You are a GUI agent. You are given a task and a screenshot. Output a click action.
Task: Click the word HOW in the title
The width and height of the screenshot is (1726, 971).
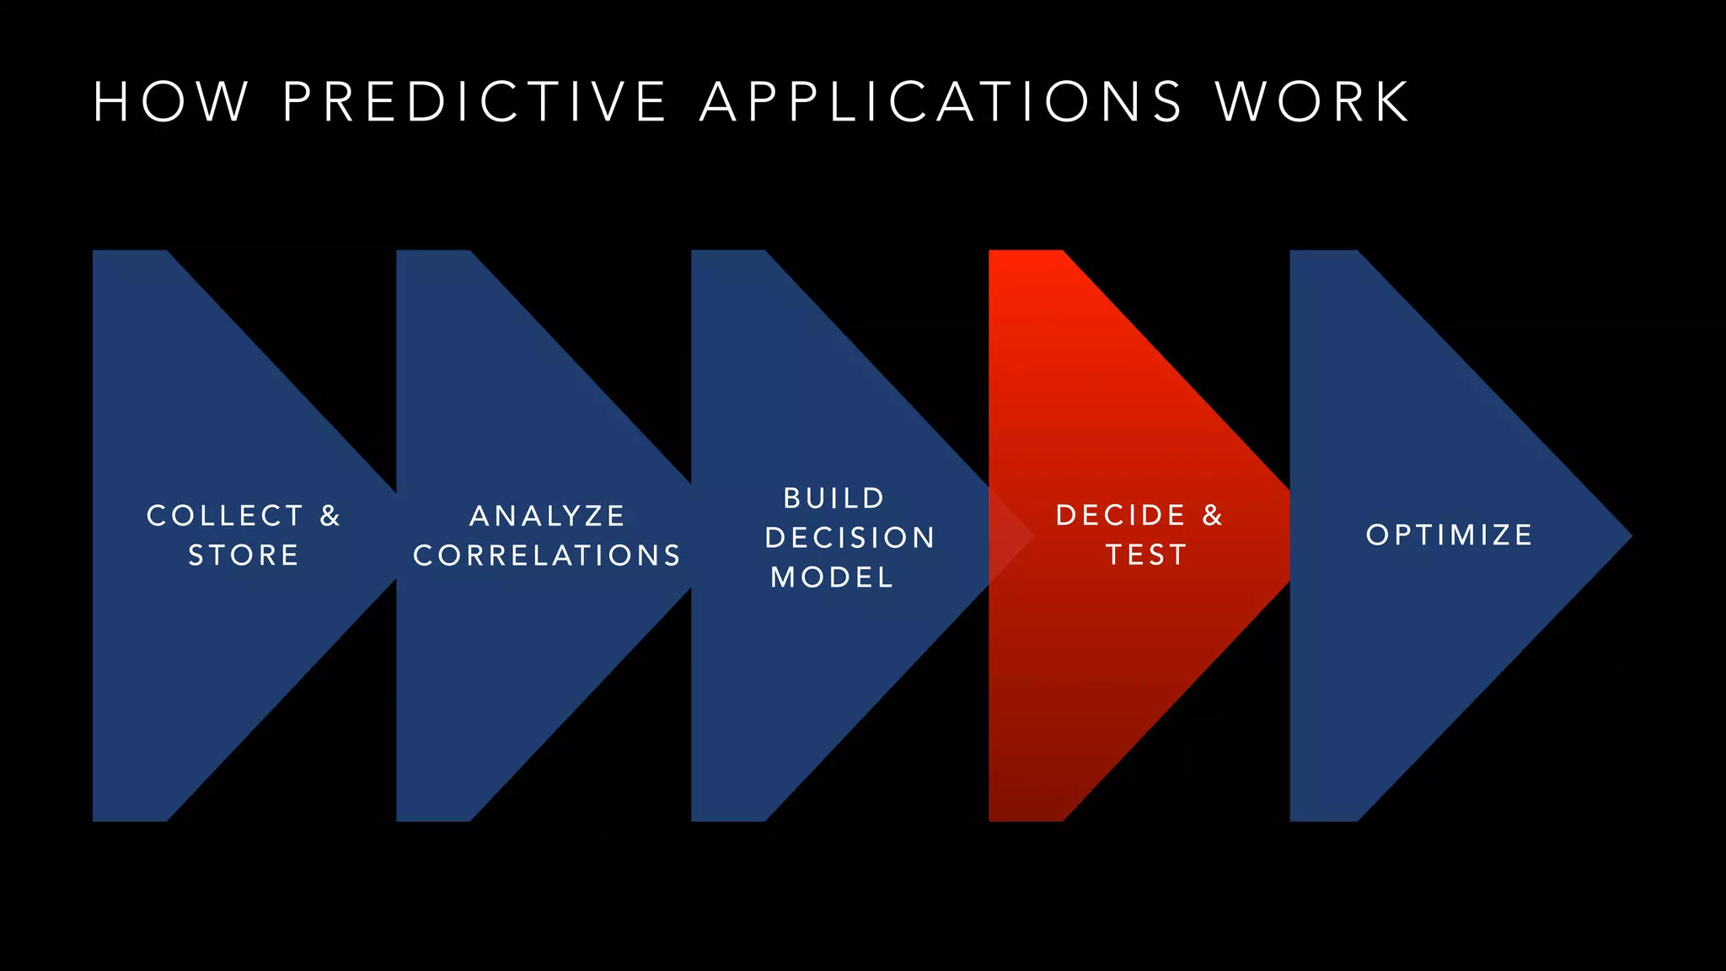point(171,103)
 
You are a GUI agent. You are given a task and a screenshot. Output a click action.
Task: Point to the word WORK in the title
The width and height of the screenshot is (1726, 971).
point(1313,103)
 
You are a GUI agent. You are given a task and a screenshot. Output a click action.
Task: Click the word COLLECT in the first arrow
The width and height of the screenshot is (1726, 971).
point(225,516)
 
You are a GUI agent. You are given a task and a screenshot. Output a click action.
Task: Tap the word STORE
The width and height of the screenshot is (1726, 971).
point(244,555)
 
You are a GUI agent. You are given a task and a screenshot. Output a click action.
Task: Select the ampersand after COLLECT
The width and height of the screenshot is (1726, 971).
point(330,516)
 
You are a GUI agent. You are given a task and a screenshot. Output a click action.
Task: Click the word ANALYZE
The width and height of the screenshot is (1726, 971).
point(547,516)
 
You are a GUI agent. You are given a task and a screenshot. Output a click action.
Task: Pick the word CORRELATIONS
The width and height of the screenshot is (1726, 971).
point(547,555)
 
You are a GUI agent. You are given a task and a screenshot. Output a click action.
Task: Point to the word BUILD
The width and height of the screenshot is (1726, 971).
point(834,498)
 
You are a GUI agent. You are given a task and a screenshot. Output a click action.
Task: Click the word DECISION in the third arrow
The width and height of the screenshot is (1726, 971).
point(850,538)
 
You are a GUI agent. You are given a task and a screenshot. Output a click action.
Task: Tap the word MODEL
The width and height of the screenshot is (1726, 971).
point(832,577)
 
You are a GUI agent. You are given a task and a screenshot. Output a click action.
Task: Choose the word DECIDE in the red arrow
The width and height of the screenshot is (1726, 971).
point(1121,515)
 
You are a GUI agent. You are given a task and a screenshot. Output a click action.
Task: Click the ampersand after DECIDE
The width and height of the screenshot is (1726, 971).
point(1213,515)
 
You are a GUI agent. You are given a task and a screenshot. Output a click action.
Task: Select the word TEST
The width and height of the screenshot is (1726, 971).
point(1146,555)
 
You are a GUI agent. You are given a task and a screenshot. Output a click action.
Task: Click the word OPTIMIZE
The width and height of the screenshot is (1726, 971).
point(1450,535)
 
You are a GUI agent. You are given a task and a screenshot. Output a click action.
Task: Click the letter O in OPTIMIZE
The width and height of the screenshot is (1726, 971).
point(1377,535)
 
